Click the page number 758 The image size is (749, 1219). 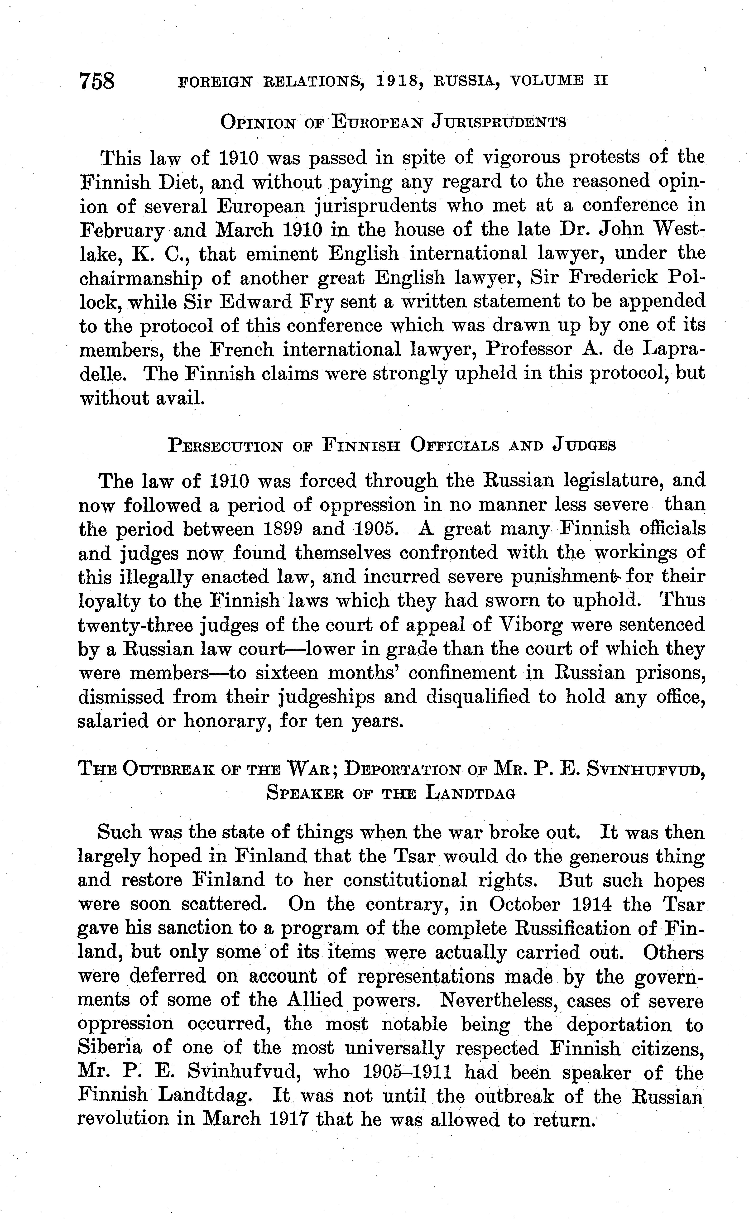coord(97,81)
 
